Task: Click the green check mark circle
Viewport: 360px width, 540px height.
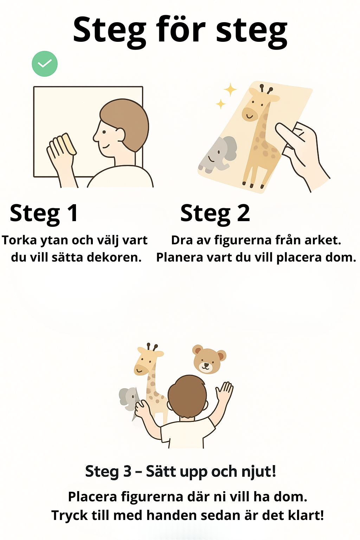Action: pos(45,64)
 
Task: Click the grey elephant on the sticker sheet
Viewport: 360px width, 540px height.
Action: pos(218,155)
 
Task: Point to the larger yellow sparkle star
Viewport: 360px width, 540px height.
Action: pos(230,89)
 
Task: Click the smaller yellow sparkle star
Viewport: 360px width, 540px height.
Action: pos(220,104)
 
